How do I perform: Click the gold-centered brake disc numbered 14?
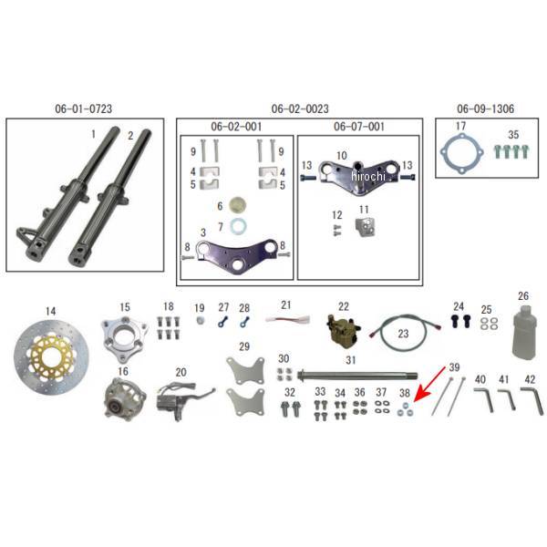pyautogui.click(x=57, y=360)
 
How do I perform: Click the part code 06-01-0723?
pyautogui.click(x=83, y=108)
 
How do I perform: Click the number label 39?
pyautogui.click(x=454, y=367)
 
